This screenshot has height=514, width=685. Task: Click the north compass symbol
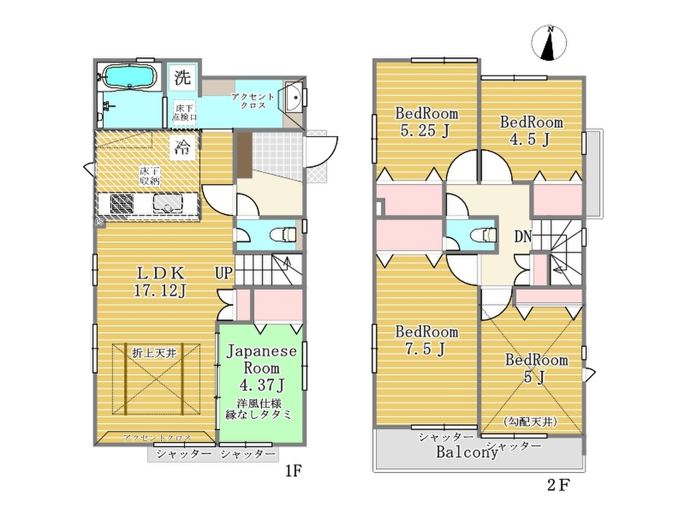[549, 43]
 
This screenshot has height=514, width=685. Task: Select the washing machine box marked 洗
[182, 77]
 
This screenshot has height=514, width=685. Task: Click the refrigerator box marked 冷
[182, 146]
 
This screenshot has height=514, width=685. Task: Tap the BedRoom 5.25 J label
[426, 121]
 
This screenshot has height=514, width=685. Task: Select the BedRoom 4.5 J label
[531, 130]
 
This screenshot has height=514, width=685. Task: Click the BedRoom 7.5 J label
[426, 340]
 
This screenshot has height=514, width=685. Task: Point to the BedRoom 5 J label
[537, 368]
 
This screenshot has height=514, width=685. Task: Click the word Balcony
[467, 452]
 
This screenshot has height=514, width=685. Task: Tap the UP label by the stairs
[223, 273]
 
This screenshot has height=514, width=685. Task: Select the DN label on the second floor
[523, 236]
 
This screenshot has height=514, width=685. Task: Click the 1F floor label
[293, 471]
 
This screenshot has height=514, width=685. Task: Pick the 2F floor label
[559, 484]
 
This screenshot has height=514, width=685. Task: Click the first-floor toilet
[283, 235]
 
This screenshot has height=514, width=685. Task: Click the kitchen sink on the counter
[168, 204]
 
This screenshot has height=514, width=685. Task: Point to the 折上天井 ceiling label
[154, 353]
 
